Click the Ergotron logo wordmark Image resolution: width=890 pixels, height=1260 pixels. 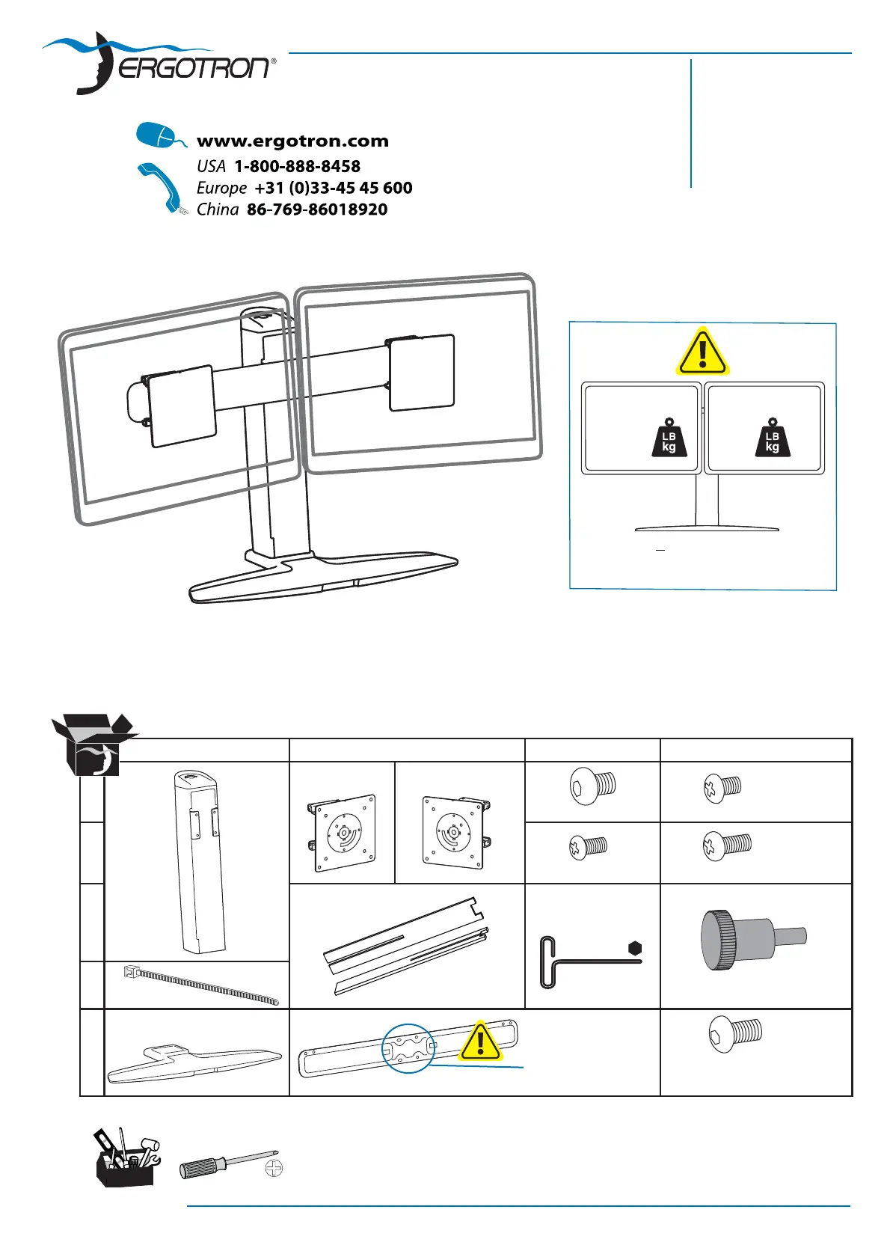point(196,69)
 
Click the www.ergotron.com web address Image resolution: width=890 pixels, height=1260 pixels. point(292,141)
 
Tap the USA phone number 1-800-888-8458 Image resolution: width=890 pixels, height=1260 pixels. point(297,166)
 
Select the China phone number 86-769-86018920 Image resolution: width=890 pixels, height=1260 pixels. point(317,210)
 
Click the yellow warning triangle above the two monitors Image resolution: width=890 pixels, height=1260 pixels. point(702,352)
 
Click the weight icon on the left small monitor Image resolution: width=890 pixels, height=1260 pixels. point(669,437)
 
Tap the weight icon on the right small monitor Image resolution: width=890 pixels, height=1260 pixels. point(772,437)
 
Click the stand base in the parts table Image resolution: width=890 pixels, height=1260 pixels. point(194,1060)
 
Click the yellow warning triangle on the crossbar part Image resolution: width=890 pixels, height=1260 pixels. point(480,1042)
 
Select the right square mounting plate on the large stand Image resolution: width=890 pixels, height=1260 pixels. point(421,373)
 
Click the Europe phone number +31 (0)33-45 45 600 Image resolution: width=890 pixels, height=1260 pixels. point(333,188)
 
